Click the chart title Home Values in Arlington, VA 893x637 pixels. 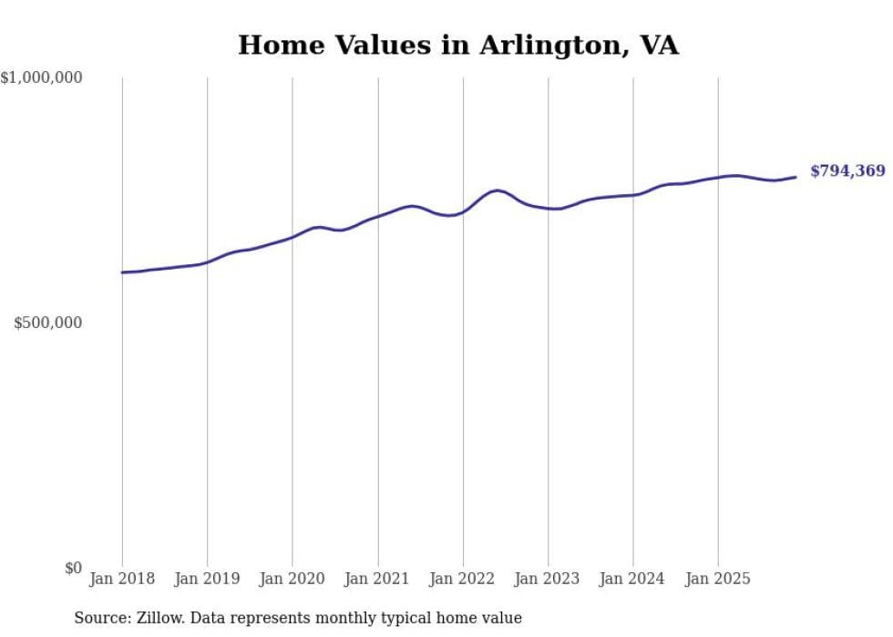click(x=458, y=45)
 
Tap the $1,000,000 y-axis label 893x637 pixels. click(x=42, y=78)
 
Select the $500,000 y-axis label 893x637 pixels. click(x=48, y=323)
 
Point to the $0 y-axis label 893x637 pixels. click(x=73, y=568)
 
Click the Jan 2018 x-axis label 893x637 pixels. click(x=122, y=579)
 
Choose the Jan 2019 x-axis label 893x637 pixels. click(x=207, y=579)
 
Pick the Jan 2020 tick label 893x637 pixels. click(x=293, y=579)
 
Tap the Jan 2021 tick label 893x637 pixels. click(x=377, y=579)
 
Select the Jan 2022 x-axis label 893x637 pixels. click(x=463, y=579)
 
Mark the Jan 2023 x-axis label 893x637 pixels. click(x=548, y=579)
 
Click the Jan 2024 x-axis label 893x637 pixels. click(x=633, y=579)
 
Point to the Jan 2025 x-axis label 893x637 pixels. click(x=718, y=579)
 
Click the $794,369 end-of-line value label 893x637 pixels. click(x=847, y=171)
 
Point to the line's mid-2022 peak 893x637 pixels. click(x=496, y=190)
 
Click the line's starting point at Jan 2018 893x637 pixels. click(x=122, y=272)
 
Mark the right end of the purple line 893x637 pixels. click(x=795, y=177)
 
